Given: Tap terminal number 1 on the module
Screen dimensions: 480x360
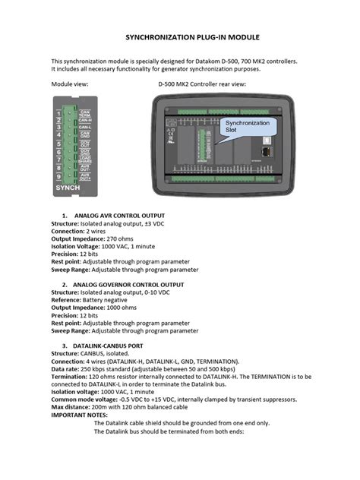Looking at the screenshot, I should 58,114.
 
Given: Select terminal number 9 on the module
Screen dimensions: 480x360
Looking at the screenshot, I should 58,175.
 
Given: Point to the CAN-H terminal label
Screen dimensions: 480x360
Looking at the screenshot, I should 86,119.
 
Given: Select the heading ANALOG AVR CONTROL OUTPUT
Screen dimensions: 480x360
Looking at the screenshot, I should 124,216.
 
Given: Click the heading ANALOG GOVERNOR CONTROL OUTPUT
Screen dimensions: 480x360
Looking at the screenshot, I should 129,284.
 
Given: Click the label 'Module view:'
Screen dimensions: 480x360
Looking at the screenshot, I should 69,84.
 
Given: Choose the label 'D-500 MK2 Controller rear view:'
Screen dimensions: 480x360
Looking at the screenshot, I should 201,84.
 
